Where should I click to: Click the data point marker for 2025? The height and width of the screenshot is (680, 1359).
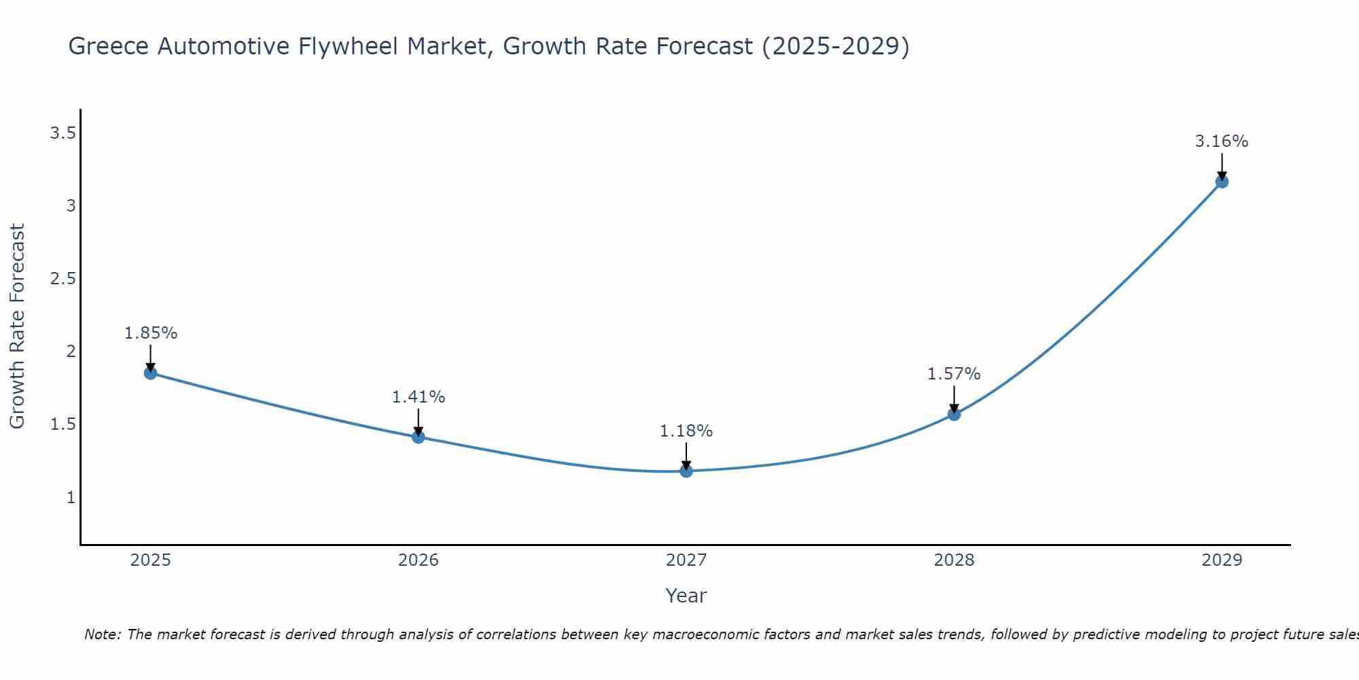pyautogui.click(x=150, y=373)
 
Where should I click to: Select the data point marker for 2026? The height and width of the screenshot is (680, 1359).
pyautogui.click(x=419, y=437)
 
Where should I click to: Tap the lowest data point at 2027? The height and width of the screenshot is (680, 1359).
pyautogui.click(x=686, y=471)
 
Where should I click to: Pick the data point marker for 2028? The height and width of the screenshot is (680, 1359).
pyautogui.click(x=954, y=413)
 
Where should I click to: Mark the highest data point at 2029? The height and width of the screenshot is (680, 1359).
pyautogui.click(x=1222, y=182)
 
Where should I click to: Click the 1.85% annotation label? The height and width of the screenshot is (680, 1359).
pyautogui.click(x=150, y=333)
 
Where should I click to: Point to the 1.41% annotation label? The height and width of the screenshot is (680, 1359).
pyautogui.click(x=419, y=397)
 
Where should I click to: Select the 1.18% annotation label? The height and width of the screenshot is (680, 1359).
pyautogui.click(x=686, y=431)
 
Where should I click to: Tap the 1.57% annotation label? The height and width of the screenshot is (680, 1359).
pyautogui.click(x=954, y=374)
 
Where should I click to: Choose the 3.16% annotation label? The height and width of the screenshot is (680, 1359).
pyautogui.click(x=1222, y=141)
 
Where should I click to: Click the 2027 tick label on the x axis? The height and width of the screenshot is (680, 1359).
pyautogui.click(x=686, y=560)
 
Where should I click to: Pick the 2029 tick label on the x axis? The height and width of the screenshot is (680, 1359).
pyautogui.click(x=1222, y=560)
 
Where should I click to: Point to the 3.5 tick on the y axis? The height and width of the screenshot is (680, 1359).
pyautogui.click(x=63, y=133)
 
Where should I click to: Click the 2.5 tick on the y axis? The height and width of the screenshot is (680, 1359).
pyautogui.click(x=63, y=279)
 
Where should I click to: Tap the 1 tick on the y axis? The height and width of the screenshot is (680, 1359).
pyautogui.click(x=71, y=498)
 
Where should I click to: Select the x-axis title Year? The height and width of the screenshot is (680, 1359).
pyautogui.click(x=686, y=596)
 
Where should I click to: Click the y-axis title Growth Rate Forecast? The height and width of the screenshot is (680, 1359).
pyautogui.click(x=17, y=326)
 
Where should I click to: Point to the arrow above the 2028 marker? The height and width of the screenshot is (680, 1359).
pyautogui.click(x=954, y=398)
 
